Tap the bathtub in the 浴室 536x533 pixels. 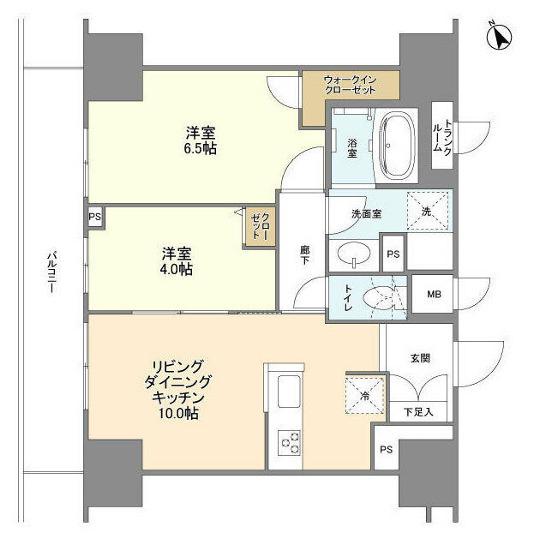point(398,145)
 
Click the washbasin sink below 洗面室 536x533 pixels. point(354,254)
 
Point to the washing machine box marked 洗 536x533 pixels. point(428,211)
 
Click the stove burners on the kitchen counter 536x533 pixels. point(289,442)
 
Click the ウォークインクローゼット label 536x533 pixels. point(350,85)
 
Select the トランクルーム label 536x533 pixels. point(443,136)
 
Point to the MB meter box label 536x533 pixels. point(434,294)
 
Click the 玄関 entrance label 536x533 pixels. point(420,358)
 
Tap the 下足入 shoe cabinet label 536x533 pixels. point(418,412)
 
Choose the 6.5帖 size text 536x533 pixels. point(200,149)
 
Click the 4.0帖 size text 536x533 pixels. point(176,269)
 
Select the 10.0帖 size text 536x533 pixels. point(178,414)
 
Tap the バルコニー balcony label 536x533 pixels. point(51,272)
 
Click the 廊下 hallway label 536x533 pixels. point(305,255)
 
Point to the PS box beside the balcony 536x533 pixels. point(95,216)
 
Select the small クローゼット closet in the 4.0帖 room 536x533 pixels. point(260,226)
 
